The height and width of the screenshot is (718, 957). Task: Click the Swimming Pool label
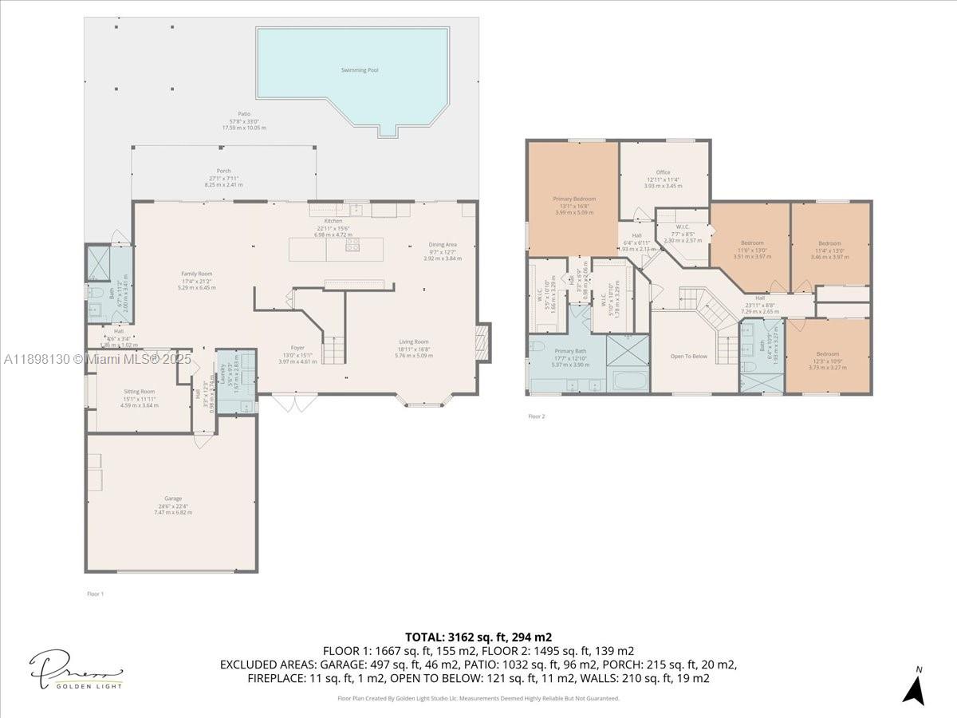click(x=360, y=70)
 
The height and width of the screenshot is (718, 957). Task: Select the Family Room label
click(x=196, y=274)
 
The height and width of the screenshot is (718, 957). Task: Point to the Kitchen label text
click(x=333, y=221)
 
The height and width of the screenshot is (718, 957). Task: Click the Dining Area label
click(x=443, y=245)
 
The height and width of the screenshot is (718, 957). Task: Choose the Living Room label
click(x=414, y=342)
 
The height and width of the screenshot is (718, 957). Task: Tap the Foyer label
click(x=297, y=348)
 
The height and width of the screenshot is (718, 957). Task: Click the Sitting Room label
click(x=139, y=392)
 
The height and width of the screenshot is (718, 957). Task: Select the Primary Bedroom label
click(x=574, y=199)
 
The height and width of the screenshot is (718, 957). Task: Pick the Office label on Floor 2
click(x=663, y=172)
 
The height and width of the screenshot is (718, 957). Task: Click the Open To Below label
click(x=688, y=357)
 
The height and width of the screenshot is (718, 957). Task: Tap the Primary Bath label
click(x=570, y=351)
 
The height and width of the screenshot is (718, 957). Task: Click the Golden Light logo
click(x=77, y=671)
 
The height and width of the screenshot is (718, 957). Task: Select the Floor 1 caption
click(x=96, y=594)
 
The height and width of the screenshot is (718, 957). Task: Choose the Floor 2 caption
click(x=537, y=416)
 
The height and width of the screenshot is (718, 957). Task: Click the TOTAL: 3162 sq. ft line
click(x=478, y=637)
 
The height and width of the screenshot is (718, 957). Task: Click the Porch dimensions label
click(x=223, y=184)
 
